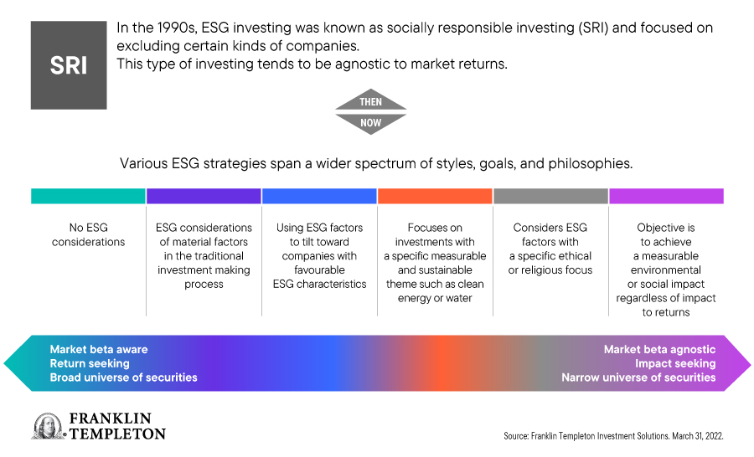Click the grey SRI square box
pos(69,65)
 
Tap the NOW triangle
pos(371,124)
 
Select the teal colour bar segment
pos(88,196)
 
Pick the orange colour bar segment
pos(435,196)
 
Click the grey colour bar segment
pos(550,196)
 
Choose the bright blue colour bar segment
pos(319,196)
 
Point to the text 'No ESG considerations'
pos(89,234)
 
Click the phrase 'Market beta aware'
pos(99,349)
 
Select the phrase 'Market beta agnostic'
pos(660,349)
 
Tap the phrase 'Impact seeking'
pos(675,363)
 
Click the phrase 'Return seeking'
pos(90,363)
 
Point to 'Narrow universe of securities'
pos(638,377)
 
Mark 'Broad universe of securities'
pos(124,377)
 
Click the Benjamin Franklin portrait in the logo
pos(48,426)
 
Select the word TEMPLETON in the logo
pos(118,434)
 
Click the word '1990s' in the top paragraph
pos(177,28)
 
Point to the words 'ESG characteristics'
pos(319,284)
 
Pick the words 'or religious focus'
pos(550,270)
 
